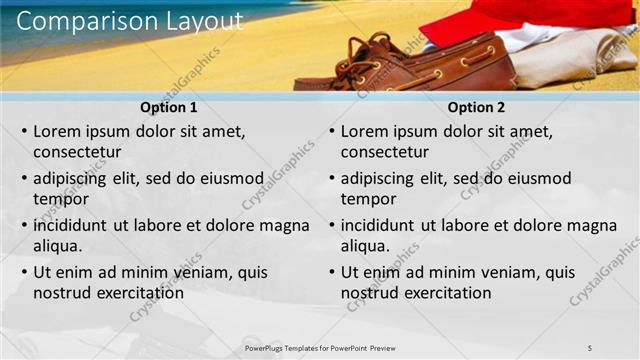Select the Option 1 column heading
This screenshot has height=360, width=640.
[x=170, y=108]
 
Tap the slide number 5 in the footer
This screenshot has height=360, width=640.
[x=590, y=347]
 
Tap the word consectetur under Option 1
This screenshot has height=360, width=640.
[x=77, y=153]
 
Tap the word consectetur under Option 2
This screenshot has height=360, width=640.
[x=385, y=153]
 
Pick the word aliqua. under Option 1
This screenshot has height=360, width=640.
[x=58, y=246]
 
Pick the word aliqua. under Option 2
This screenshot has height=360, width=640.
[x=366, y=246]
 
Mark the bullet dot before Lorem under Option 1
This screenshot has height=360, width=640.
[x=24, y=131]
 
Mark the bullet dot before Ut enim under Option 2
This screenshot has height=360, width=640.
[x=332, y=272]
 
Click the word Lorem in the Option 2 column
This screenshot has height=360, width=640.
[x=364, y=131]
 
